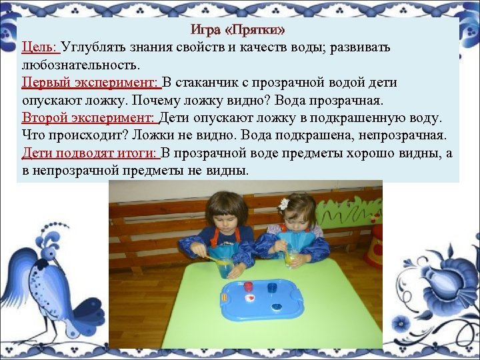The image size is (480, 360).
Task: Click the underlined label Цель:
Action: [x=40, y=48]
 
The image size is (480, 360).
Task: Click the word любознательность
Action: [x=79, y=65]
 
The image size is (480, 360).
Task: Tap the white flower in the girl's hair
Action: [x=285, y=203]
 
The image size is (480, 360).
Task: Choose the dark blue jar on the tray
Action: [x=271, y=289]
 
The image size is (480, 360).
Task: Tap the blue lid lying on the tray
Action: [x=276, y=306]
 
